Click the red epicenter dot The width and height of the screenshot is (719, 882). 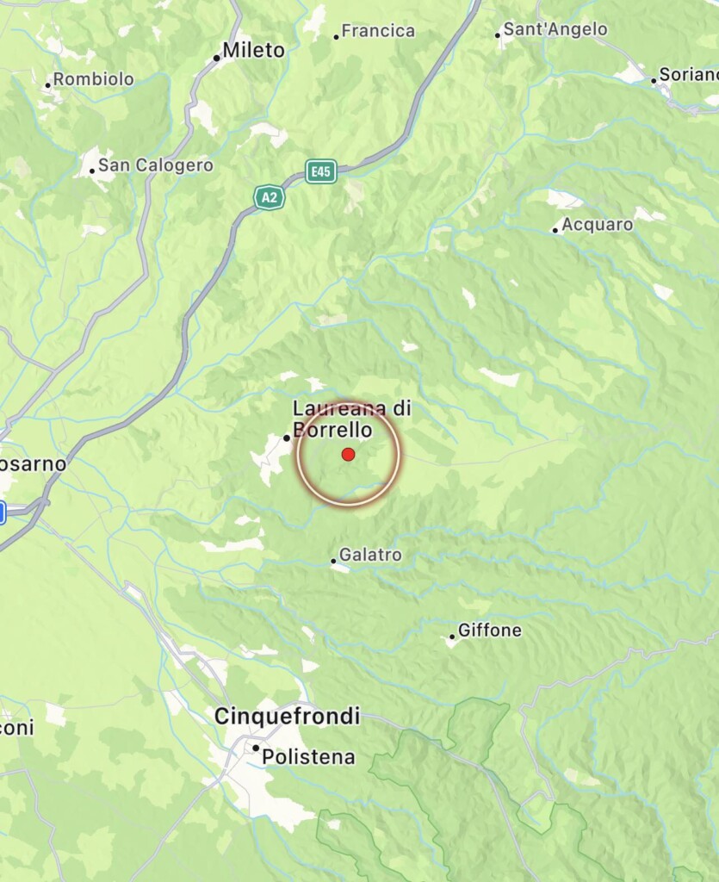pos(348,454)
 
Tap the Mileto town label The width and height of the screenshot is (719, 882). pos(253,51)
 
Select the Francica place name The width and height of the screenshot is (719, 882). pos(378,31)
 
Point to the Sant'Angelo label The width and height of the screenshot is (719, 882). pos(555,29)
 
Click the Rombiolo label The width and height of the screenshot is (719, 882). pos(94,79)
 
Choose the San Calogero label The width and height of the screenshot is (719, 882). pos(155,164)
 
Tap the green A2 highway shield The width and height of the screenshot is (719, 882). pos(270,197)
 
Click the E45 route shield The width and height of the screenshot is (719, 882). pos(321,172)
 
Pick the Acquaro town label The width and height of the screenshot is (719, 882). pos(598,225)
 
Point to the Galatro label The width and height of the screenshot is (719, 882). pos(370,556)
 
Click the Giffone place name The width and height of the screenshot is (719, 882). pos(490,630)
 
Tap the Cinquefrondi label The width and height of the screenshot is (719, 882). pos(287,716)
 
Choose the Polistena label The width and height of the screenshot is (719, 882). pos(308,757)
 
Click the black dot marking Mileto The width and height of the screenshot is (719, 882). pos(217,59)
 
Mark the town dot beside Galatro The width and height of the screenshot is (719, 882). pos(334,561)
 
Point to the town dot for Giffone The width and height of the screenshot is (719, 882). pos(452,637)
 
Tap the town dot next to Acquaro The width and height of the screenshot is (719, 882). pos(555,230)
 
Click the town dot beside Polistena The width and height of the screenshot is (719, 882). pos(256,748)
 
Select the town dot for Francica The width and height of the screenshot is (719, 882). pos(336,37)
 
